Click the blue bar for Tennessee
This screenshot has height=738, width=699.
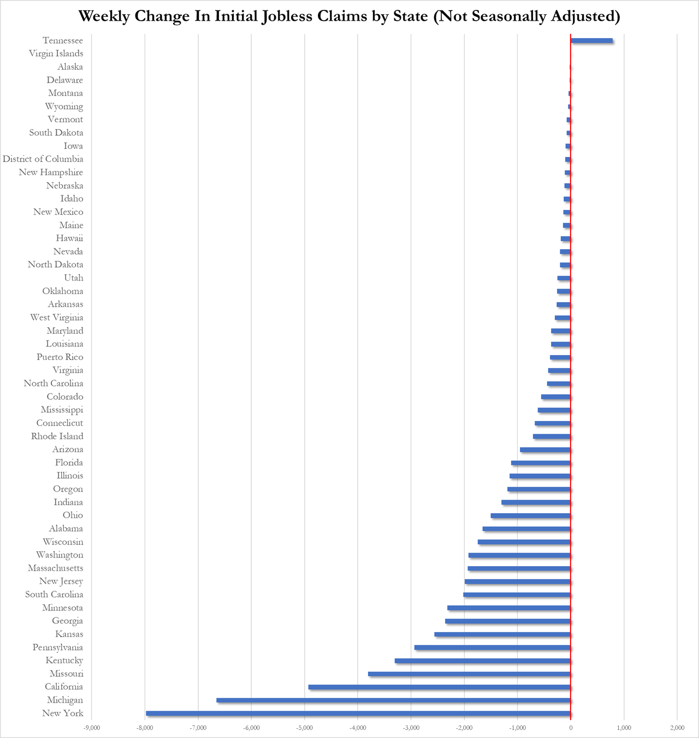coord(591,40)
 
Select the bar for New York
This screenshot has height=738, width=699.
coord(358,713)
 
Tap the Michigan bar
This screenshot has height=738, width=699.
coord(393,700)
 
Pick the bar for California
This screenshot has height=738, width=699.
coord(440,687)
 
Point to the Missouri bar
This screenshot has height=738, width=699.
coord(469,674)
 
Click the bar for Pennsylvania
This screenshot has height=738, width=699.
coord(493,647)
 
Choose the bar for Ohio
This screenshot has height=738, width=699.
coord(531,515)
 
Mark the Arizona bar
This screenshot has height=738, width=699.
coord(545,449)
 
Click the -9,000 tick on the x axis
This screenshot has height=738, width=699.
coord(92,728)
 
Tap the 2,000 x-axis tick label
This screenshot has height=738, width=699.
coord(677,728)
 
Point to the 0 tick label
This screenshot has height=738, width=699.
coord(571,728)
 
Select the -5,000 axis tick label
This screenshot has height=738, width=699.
coord(304,728)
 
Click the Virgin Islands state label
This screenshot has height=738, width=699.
coord(56,53)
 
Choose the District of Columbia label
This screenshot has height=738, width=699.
coord(43,159)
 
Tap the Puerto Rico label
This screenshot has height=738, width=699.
coord(60,357)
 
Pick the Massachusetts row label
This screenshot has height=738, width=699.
coord(56,568)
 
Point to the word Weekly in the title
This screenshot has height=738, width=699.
coord(104,17)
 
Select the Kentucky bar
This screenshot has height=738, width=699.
coord(483,661)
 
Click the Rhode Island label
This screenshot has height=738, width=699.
coord(57,436)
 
